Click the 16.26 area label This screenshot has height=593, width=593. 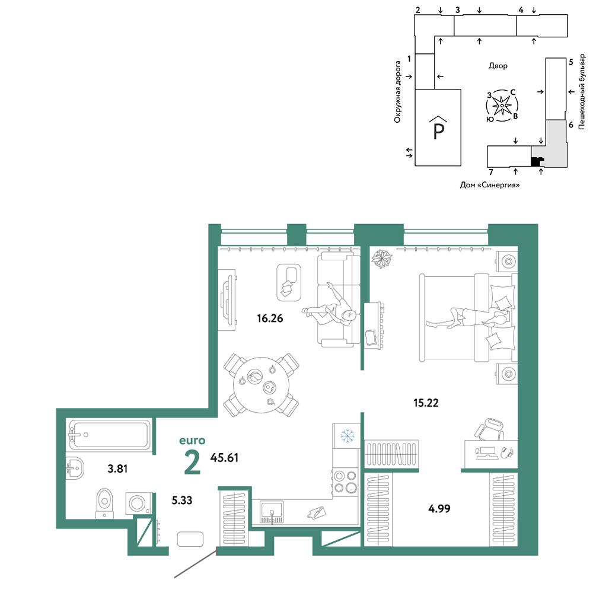pyautogui.click(x=270, y=318)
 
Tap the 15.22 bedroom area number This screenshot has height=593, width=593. pyautogui.click(x=426, y=403)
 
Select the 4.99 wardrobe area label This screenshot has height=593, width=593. pyautogui.click(x=439, y=509)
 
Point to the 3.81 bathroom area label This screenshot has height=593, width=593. pyautogui.click(x=117, y=469)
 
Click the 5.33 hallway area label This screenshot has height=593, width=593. pyautogui.click(x=182, y=500)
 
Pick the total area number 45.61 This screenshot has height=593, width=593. pyautogui.click(x=224, y=458)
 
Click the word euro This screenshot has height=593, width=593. pyautogui.click(x=192, y=441)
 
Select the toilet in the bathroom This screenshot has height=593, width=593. pyautogui.click(x=105, y=503)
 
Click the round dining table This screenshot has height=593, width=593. pyautogui.click(x=261, y=385)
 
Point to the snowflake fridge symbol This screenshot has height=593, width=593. pyautogui.click(x=347, y=436)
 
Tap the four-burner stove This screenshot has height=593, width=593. pyautogui.click(x=345, y=482)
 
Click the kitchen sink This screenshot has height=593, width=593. pyautogui.click(x=272, y=512)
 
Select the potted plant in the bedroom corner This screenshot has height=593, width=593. pyautogui.click(x=381, y=259)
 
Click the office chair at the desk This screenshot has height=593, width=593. pyautogui.click(x=490, y=430)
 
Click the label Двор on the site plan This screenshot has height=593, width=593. pyautogui.click(x=498, y=66)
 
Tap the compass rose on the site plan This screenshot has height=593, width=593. pyautogui.click(x=502, y=106)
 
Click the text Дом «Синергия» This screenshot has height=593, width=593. pyautogui.click(x=490, y=185)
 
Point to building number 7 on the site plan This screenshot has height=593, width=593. pyautogui.click(x=491, y=172)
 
